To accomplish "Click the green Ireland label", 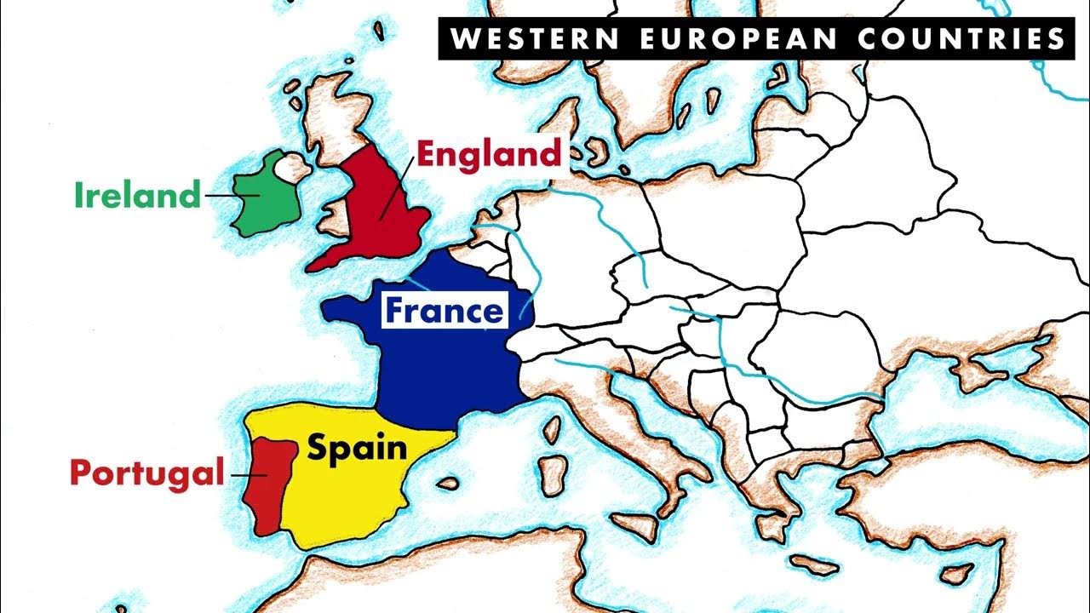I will tap(136, 196).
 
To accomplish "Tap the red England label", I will tap(489, 154).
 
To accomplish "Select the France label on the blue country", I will tap(444, 311).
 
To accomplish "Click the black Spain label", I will tap(357, 447).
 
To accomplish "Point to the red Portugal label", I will tap(146, 473).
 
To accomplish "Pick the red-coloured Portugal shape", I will tap(267, 485).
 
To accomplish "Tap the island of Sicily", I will tap(634, 528).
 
